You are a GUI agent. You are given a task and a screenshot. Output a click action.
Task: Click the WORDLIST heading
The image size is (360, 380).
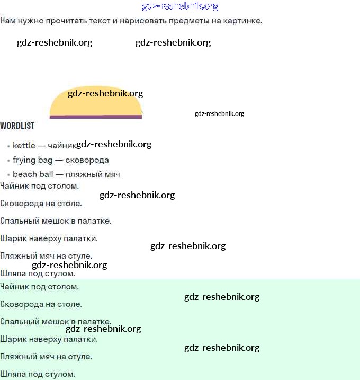coord(17,126)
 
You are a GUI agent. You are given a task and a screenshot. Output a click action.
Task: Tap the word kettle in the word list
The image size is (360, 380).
coord(24,145)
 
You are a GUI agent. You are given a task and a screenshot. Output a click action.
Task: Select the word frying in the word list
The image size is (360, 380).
coord(24,160)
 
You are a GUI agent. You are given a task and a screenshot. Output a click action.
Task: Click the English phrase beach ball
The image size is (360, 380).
coord(33,174)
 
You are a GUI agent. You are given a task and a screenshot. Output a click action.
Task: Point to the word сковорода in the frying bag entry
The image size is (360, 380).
coord(87,160)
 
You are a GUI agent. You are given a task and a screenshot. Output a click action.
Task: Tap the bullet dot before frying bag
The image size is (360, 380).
coord(8,160)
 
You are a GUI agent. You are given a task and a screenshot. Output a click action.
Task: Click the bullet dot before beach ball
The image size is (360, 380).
coord(8,174)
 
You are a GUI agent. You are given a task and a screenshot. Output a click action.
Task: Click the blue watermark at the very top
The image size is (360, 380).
coord(180,6)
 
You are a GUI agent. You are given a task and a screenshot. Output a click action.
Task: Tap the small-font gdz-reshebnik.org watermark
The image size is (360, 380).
coord(219,113)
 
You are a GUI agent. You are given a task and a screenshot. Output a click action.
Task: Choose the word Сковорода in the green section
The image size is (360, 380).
coord(21,304)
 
